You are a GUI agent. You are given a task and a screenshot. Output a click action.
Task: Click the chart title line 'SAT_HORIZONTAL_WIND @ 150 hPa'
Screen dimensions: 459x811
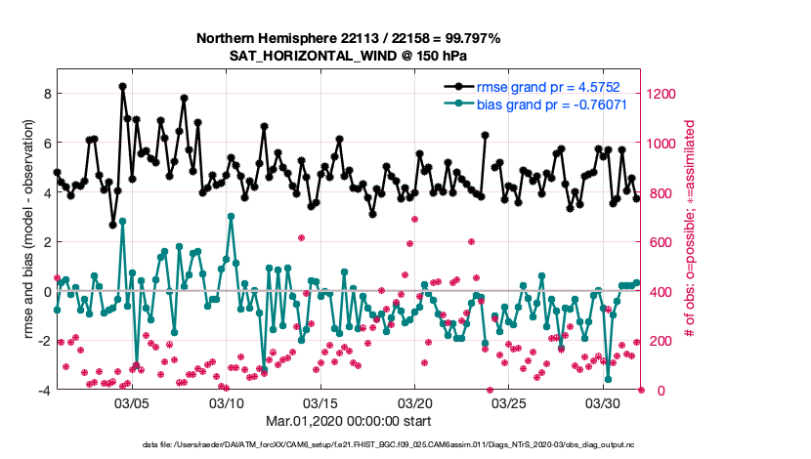click(348, 56)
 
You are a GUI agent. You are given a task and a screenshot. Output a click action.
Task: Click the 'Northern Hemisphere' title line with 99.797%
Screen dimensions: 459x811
click(348, 38)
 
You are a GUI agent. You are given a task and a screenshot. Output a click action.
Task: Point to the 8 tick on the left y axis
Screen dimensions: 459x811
click(45, 94)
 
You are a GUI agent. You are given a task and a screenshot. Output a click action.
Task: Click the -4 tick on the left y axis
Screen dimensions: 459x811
click(42, 391)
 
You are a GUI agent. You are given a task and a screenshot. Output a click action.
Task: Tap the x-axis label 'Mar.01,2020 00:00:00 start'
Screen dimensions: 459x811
click(348, 422)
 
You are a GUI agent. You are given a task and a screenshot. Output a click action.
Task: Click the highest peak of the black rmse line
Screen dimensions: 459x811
click(122, 86)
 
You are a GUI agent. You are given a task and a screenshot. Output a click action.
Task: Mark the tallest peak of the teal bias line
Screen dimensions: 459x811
click(231, 216)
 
